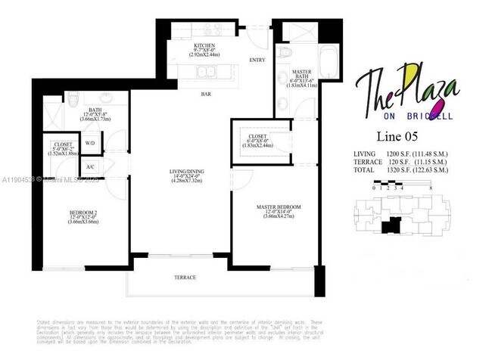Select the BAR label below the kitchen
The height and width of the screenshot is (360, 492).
205,95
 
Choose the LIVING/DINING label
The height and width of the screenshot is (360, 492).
187,172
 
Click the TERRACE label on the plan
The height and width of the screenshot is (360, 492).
185,278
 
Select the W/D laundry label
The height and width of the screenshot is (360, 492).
90,143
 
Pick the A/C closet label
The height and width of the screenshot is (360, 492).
90,167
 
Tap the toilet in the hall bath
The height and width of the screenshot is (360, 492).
73,101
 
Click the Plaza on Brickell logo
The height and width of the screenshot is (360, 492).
406,95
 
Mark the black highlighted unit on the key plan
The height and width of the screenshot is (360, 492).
392,225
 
